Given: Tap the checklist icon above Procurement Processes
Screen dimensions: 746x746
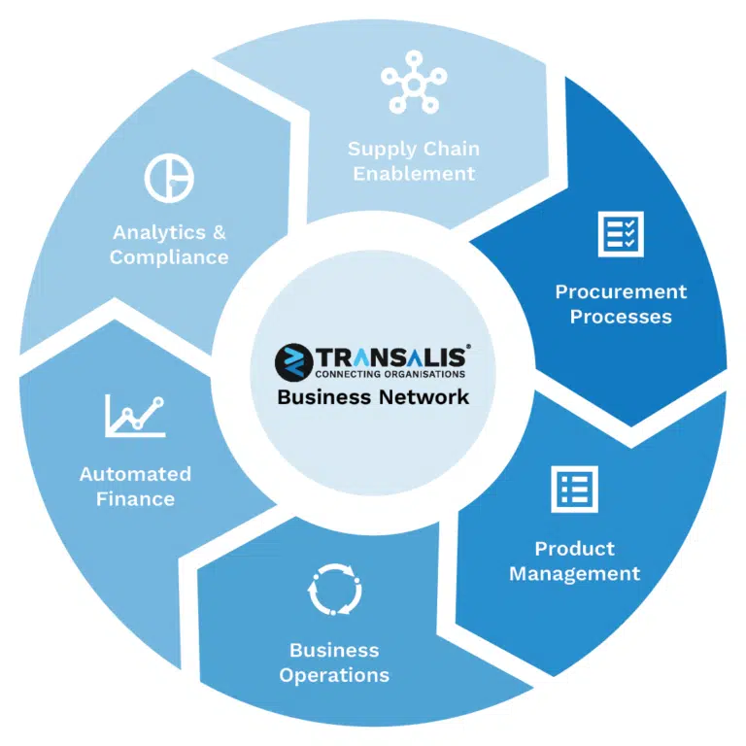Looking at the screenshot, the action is click(x=621, y=234).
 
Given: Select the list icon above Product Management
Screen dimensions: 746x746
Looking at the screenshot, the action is click(x=574, y=490).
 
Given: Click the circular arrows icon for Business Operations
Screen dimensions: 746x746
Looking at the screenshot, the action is click(x=334, y=590).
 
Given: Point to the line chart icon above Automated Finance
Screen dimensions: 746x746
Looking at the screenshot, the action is click(x=135, y=416).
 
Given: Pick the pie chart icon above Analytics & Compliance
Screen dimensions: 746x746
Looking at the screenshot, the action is click(x=169, y=178).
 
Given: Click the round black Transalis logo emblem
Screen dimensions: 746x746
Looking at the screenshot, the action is click(x=294, y=362).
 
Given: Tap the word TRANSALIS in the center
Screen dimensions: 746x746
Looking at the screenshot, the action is click(x=392, y=356).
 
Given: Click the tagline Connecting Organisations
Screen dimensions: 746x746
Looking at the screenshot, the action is click(x=390, y=374).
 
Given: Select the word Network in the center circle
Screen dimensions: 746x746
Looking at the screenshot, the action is click(x=424, y=396).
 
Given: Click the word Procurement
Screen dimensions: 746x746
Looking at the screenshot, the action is click(x=621, y=291).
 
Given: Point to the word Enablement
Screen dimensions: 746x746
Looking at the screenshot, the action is click(x=414, y=174).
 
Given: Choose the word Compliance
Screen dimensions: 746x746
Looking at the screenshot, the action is click(x=169, y=257).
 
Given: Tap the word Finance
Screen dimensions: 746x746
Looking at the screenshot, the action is click(x=136, y=499).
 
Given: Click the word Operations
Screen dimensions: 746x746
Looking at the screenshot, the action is click(x=334, y=676).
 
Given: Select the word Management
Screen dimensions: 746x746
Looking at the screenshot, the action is click(x=575, y=574).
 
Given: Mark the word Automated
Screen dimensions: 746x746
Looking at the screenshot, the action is click(x=135, y=474).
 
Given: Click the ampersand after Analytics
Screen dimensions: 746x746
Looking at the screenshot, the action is click(x=219, y=233).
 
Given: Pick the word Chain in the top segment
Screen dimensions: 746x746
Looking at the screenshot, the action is click(x=451, y=149).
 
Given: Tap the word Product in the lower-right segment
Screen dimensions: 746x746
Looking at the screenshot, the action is click(x=575, y=549).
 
